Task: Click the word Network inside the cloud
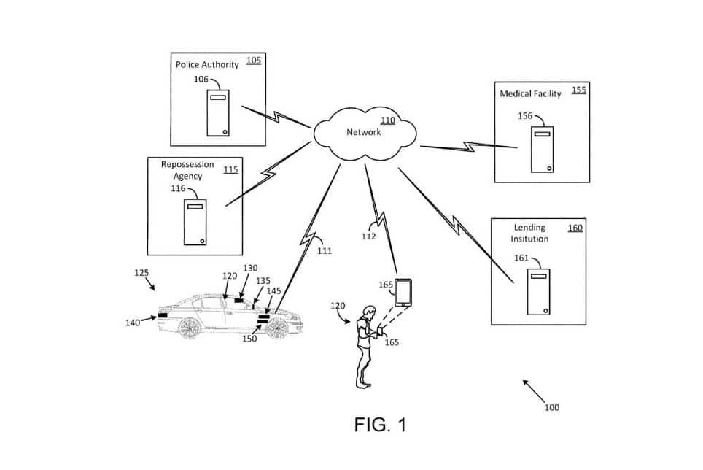tap(364, 132)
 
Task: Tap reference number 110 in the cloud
tap(388, 120)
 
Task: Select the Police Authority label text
tap(207, 65)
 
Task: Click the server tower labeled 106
tap(218, 113)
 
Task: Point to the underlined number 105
tap(254, 60)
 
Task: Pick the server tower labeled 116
tap(195, 222)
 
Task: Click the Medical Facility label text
tap(530, 93)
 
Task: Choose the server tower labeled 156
tap(543, 150)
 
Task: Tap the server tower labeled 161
tap(539, 291)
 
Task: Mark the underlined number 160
tap(575, 228)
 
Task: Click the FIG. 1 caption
tap(380, 424)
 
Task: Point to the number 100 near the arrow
tap(552, 407)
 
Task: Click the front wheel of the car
tap(278, 328)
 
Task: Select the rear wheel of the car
tap(190, 328)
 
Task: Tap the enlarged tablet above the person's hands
tap(403, 293)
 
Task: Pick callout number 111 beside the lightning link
tap(325, 251)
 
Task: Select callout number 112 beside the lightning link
tap(368, 236)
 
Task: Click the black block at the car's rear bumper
tap(163, 315)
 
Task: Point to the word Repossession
tap(187, 165)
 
